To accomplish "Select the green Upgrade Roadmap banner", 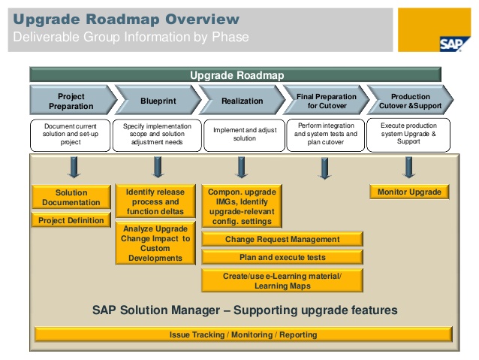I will pyautogui.click(x=234, y=75).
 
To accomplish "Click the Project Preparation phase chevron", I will pyautogui.click(x=72, y=101).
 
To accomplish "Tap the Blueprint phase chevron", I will pyautogui.click(x=156, y=101).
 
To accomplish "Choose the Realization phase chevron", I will pyautogui.click(x=241, y=101).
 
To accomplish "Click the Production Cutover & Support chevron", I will pyautogui.click(x=409, y=101).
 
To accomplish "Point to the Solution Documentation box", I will pyautogui.click(x=71, y=198).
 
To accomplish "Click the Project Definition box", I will pyautogui.click(x=71, y=220).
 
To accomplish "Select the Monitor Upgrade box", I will pyautogui.click(x=409, y=192).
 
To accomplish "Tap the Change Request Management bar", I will pyautogui.click(x=282, y=240).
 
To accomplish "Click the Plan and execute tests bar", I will pyautogui.click(x=282, y=257).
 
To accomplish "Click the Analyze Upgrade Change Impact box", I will pyautogui.click(x=156, y=244).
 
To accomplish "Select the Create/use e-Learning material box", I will pyautogui.click(x=282, y=280).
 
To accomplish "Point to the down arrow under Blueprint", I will pyautogui.click(x=158, y=167).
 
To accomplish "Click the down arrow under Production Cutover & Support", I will pyautogui.click(x=409, y=167).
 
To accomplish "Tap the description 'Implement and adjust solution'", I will pyautogui.click(x=241, y=134).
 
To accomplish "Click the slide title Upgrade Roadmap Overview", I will pyautogui.click(x=128, y=20).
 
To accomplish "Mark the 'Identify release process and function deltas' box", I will pyautogui.click(x=156, y=202).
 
